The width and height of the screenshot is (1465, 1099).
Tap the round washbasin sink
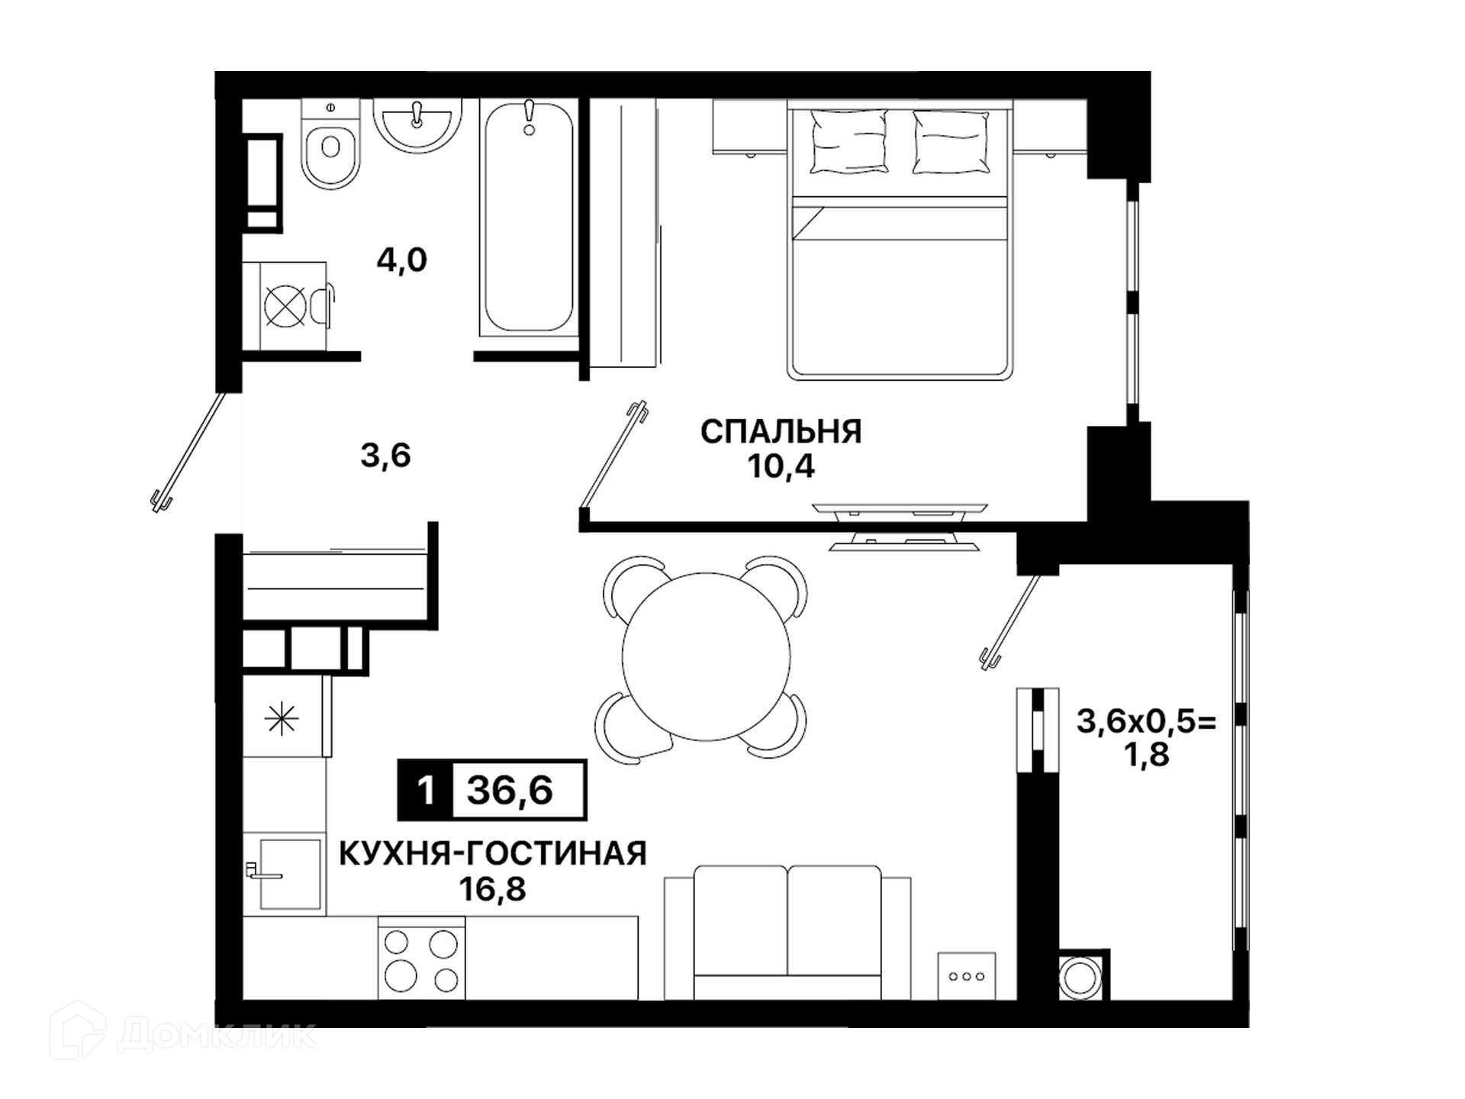(417, 124)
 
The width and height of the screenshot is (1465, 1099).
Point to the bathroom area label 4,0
(401, 260)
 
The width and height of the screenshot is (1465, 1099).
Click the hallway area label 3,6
(385, 456)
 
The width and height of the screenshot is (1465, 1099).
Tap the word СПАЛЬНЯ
(781, 432)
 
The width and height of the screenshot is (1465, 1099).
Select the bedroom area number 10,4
(781, 466)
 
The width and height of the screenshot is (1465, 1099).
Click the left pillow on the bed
(848, 142)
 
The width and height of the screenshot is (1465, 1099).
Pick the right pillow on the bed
(951, 142)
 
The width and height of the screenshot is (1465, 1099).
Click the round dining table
(706, 657)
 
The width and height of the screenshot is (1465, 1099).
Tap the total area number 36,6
(510, 790)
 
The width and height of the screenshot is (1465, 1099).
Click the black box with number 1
(425, 790)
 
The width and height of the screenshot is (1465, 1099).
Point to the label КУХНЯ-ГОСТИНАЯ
(493, 853)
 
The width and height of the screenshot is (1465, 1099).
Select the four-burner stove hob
(421, 959)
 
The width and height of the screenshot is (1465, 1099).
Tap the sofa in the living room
(787, 933)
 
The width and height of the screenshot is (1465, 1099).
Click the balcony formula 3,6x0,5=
(1146, 721)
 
